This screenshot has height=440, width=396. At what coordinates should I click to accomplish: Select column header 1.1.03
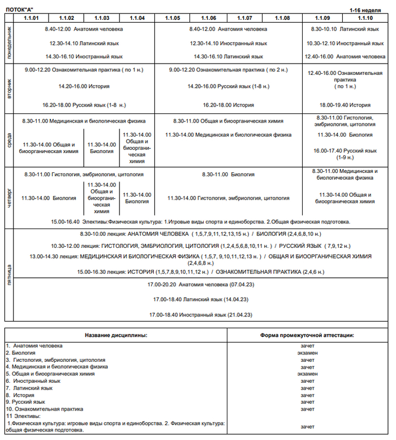[x=102, y=18]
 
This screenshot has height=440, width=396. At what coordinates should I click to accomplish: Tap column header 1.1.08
[x=282, y=18]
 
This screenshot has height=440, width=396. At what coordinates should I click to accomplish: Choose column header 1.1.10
[x=365, y=18]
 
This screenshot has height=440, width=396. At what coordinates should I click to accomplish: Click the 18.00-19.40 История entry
[x=345, y=105]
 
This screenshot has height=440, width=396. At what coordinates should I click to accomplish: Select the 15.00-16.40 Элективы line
[x=200, y=222]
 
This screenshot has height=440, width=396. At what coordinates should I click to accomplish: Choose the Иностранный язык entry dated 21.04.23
[x=200, y=314]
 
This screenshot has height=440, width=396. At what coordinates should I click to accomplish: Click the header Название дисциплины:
[x=116, y=335]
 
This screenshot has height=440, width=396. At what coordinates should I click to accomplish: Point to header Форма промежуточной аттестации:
[x=308, y=335]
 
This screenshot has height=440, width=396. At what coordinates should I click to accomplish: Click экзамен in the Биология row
[x=308, y=353]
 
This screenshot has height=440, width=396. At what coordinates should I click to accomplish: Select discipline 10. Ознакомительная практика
[x=45, y=409]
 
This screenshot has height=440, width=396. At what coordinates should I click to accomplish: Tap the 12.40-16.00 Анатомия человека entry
[x=345, y=57]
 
